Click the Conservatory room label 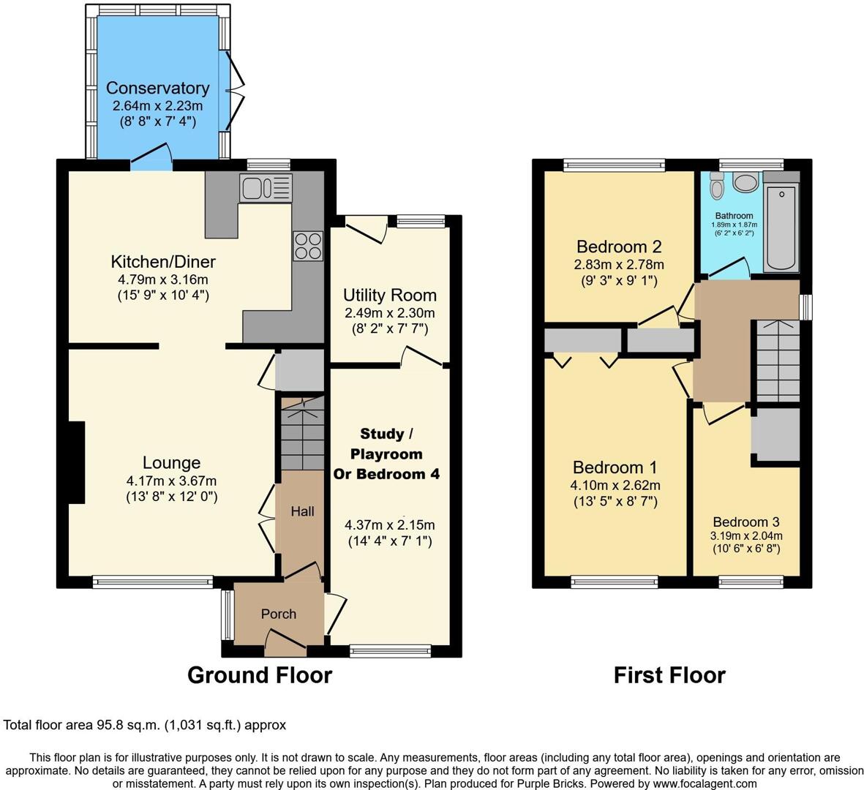157,88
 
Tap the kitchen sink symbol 266,187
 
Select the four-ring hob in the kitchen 307,245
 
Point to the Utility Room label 390,296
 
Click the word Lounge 171,463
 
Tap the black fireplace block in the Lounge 76,462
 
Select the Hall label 302,511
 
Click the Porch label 279,614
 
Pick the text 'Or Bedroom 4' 386,474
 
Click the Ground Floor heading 260,674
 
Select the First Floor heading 669,674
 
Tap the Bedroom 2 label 620,247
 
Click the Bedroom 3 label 746,522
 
